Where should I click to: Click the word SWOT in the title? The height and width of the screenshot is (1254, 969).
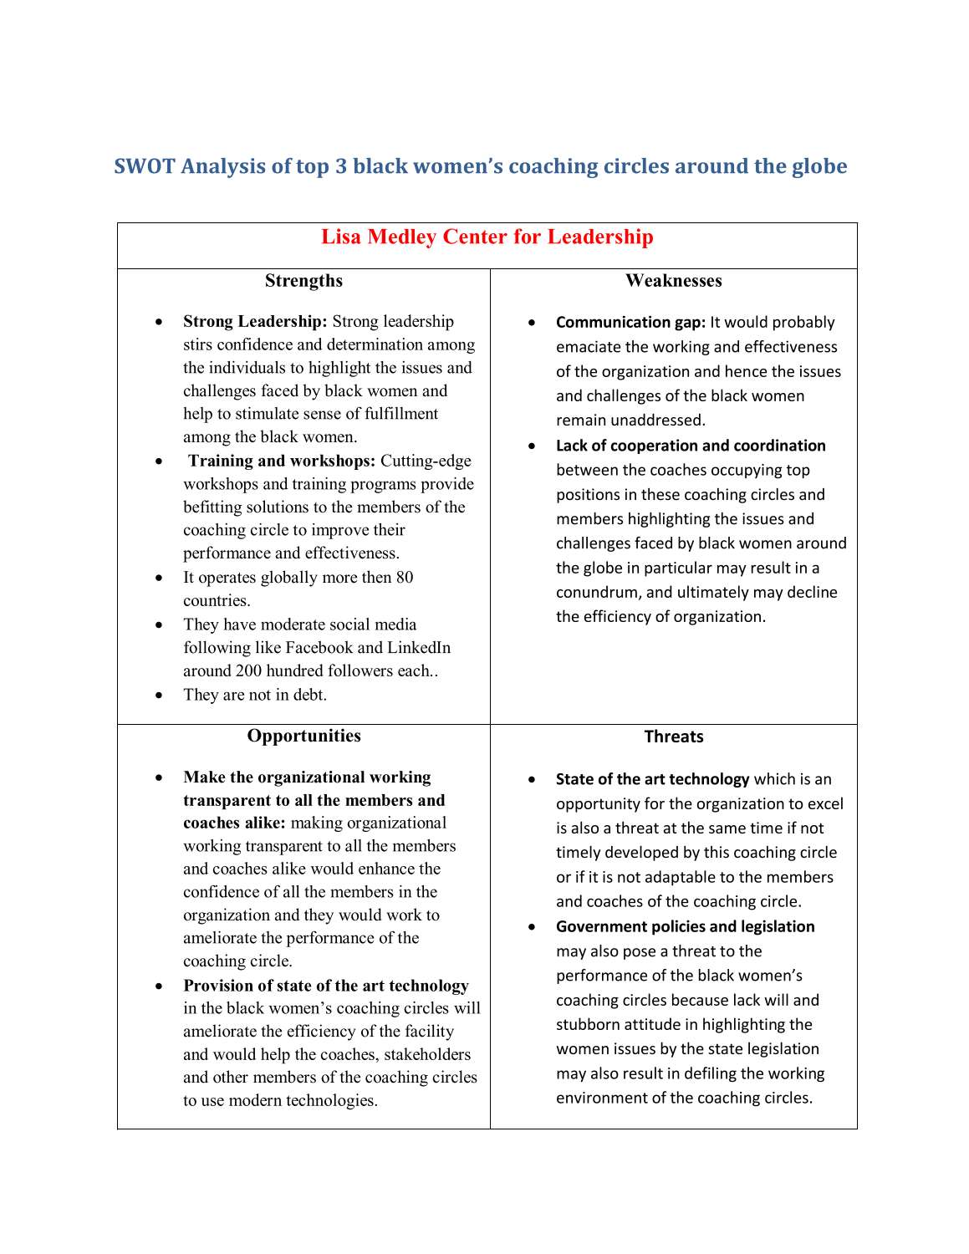[145, 166]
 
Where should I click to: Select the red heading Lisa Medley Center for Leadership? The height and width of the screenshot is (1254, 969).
[487, 237]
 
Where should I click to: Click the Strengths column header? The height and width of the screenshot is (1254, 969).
[303, 281]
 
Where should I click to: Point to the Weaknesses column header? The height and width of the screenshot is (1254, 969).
[673, 281]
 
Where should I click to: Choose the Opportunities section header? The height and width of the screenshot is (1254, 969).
[303, 736]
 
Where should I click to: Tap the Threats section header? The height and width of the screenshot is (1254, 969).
[673, 737]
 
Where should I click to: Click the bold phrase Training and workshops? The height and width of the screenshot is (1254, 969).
[282, 461]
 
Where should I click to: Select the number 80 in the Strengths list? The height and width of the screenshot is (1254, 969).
[404, 578]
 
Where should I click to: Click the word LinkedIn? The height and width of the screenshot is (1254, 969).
[418, 648]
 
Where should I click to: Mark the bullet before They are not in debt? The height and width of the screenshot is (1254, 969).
[159, 696]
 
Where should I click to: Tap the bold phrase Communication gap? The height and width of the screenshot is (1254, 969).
[630, 323]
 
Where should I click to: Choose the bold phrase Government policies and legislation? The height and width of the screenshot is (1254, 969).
[685, 926]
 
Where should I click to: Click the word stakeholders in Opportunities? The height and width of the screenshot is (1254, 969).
[427, 1055]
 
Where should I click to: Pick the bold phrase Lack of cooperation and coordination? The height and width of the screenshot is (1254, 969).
[691, 446]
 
